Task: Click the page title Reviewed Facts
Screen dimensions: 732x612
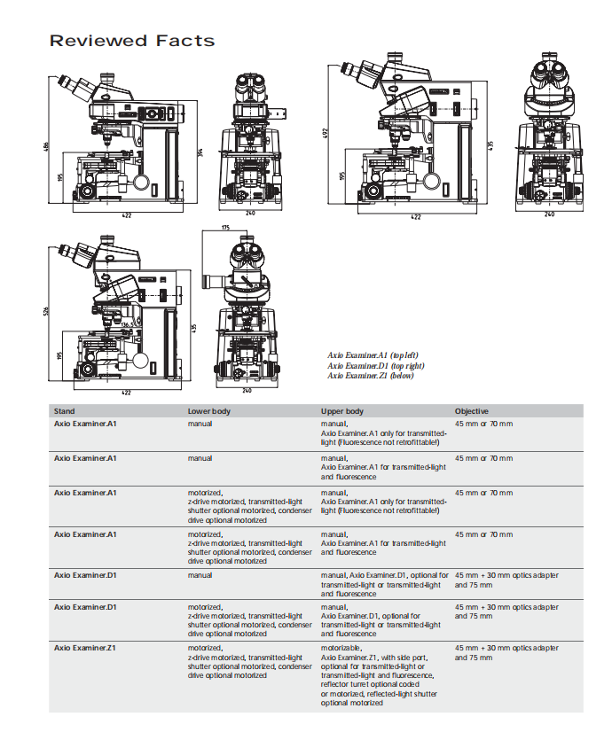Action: click(x=131, y=41)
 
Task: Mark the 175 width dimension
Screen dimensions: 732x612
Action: click(x=224, y=228)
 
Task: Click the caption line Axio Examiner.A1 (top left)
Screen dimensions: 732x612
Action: click(x=373, y=355)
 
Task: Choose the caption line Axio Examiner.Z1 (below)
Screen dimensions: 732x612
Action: click(x=371, y=375)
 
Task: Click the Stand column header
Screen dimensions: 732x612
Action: click(x=65, y=411)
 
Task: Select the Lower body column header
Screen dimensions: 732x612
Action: click(x=209, y=411)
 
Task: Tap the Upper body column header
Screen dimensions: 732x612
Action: click(x=342, y=411)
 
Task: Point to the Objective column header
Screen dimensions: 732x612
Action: click(x=472, y=411)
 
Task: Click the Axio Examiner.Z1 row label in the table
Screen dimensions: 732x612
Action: click(x=86, y=648)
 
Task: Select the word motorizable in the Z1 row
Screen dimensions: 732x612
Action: click(x=341, y=648)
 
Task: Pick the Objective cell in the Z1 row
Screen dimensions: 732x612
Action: click(x=506, y=652)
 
